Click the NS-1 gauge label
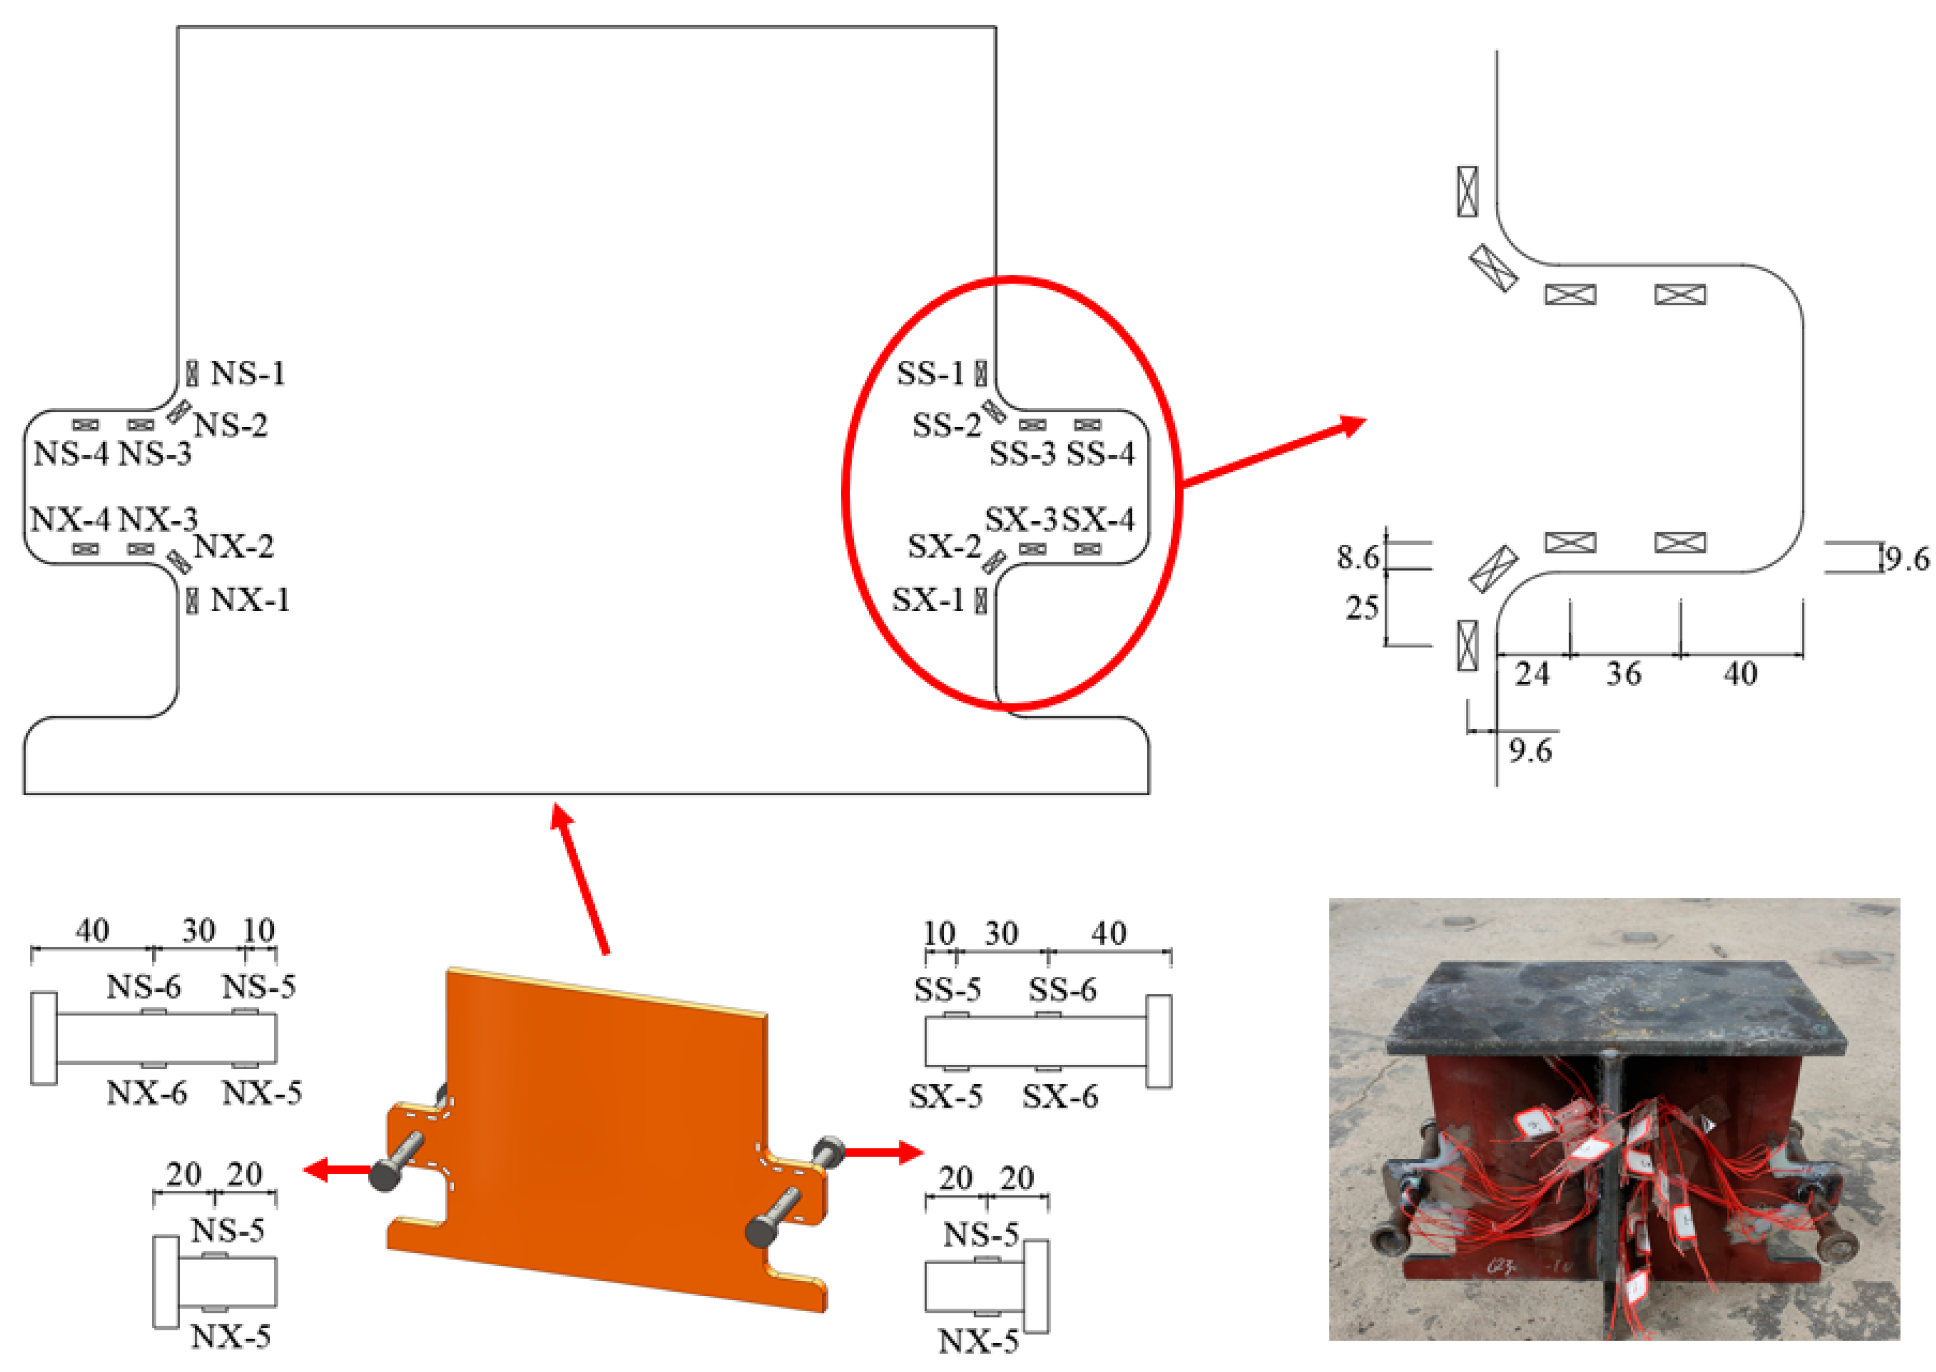click(247, 373)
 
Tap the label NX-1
click(250, 601)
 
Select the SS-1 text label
click(931, 373)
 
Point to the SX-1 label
click(928, 601)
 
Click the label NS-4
click(71, 454)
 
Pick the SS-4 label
click(1100, 454)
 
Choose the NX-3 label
click(158, 519)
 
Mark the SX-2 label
click(944, 547)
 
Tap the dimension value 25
click(1361, 608)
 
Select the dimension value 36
click(1623, 674)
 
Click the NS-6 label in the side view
click(143, 986)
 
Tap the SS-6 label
click(1062, 989)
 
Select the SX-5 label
click(946, 1097)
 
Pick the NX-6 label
click(146, 1093)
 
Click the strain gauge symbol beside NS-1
click(193, 373)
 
